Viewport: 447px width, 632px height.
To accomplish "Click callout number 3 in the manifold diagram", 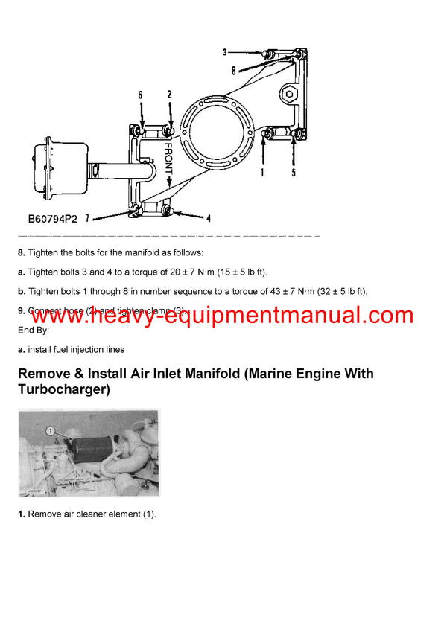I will point(224,52).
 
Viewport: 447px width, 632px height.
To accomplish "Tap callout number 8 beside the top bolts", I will point(233,72).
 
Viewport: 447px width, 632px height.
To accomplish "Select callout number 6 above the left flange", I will point(139,95).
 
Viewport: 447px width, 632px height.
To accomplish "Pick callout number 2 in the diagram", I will point(169,95).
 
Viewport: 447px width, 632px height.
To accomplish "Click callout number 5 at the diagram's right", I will point(294,173).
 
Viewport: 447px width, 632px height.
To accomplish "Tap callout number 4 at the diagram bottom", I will point(208,219).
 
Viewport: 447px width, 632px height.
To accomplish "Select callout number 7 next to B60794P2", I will point(87,218).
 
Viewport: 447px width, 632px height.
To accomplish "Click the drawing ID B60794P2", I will point(52,220).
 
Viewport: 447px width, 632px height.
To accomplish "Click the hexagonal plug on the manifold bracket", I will point(289,95).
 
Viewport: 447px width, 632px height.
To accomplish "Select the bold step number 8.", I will point(21,253).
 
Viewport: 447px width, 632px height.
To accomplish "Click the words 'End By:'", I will point(36,330).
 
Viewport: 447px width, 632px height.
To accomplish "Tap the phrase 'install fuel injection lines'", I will point(76,349).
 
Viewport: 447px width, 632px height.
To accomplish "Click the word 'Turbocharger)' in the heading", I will point(64,389).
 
